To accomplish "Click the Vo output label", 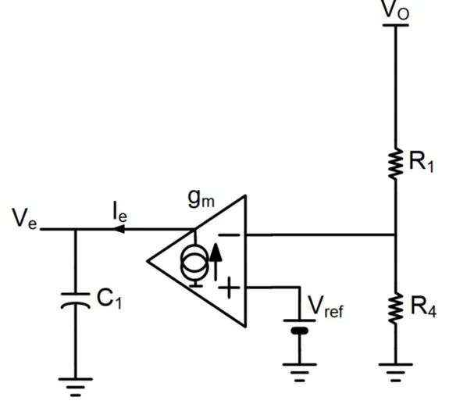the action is (x=396, y=11).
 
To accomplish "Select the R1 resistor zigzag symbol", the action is (x=396, y=163).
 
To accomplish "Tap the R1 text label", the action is (x=422, y=163).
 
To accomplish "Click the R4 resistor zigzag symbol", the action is (x=396, y=309).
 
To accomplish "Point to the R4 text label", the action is (x=423, y=307).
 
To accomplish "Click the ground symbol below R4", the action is (x=396, y=373).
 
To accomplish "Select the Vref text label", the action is (x=326, y=306).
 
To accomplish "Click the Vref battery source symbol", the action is (x=300, y=326).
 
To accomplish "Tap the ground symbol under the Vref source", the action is (x=300, y=373).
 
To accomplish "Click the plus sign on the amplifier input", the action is (x=229, y=288).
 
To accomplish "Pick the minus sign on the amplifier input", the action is (x=229, y=235).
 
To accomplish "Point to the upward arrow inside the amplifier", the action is (x=216, y=262).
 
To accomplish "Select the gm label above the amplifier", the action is (x=201, y=199).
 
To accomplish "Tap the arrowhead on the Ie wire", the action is (x=118, y=229).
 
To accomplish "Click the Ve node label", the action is (x=25, y=219).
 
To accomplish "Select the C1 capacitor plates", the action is (x=76, y=301).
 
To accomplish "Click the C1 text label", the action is (x=109, y=299).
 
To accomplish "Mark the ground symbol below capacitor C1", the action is (x=76, y=387).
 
